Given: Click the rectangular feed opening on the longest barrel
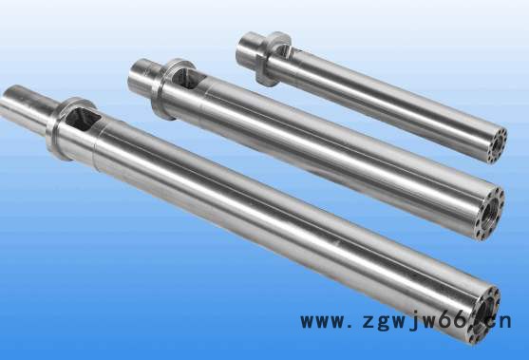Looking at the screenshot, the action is click(83, 120).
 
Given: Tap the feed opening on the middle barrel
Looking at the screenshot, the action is click(188, 78).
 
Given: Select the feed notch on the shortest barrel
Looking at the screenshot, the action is click(289, 51).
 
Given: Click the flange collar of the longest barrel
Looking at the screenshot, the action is click(64, 128).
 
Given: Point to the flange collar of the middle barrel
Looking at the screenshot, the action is click(168, 88).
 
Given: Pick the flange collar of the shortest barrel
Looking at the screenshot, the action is click(271, 58).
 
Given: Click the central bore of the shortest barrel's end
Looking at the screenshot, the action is click(496, 145).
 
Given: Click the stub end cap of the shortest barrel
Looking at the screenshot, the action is click(248, 47).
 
